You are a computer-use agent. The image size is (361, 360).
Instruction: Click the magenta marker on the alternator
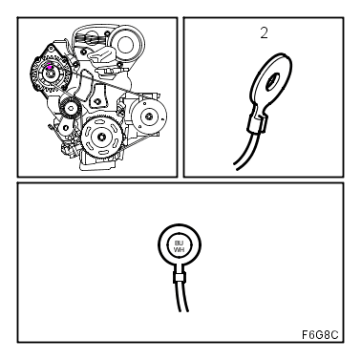tap(50, 67)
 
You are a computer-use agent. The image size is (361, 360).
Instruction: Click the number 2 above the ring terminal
tap(264, 33)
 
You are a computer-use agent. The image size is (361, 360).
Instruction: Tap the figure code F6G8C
tap(320, 335)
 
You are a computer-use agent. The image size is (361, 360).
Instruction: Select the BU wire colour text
tap(180, 244)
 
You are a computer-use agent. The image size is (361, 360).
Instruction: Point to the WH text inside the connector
tap(179, 250)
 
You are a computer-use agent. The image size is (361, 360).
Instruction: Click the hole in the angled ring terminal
tap(273, 81)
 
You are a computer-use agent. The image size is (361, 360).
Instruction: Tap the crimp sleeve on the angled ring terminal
tap(257, 124)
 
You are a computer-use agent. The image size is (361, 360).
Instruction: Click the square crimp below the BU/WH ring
tap(180, 278)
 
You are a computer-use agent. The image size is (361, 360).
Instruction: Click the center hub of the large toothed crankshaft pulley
tap(102, 137)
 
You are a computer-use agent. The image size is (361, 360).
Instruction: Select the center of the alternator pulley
tap(50, 74)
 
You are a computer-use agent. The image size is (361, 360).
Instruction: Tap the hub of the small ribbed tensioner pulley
tap(72, 108)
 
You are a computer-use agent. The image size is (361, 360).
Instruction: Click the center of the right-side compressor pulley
tap(149, 116)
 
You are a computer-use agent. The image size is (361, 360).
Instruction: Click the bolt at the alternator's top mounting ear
tap(51, 48)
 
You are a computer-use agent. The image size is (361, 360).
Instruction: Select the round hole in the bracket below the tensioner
tap(65, 128)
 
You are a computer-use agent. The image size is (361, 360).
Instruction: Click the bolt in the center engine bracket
tap(97, 102)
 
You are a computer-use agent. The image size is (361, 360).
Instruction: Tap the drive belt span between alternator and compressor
tap(108, 84)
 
